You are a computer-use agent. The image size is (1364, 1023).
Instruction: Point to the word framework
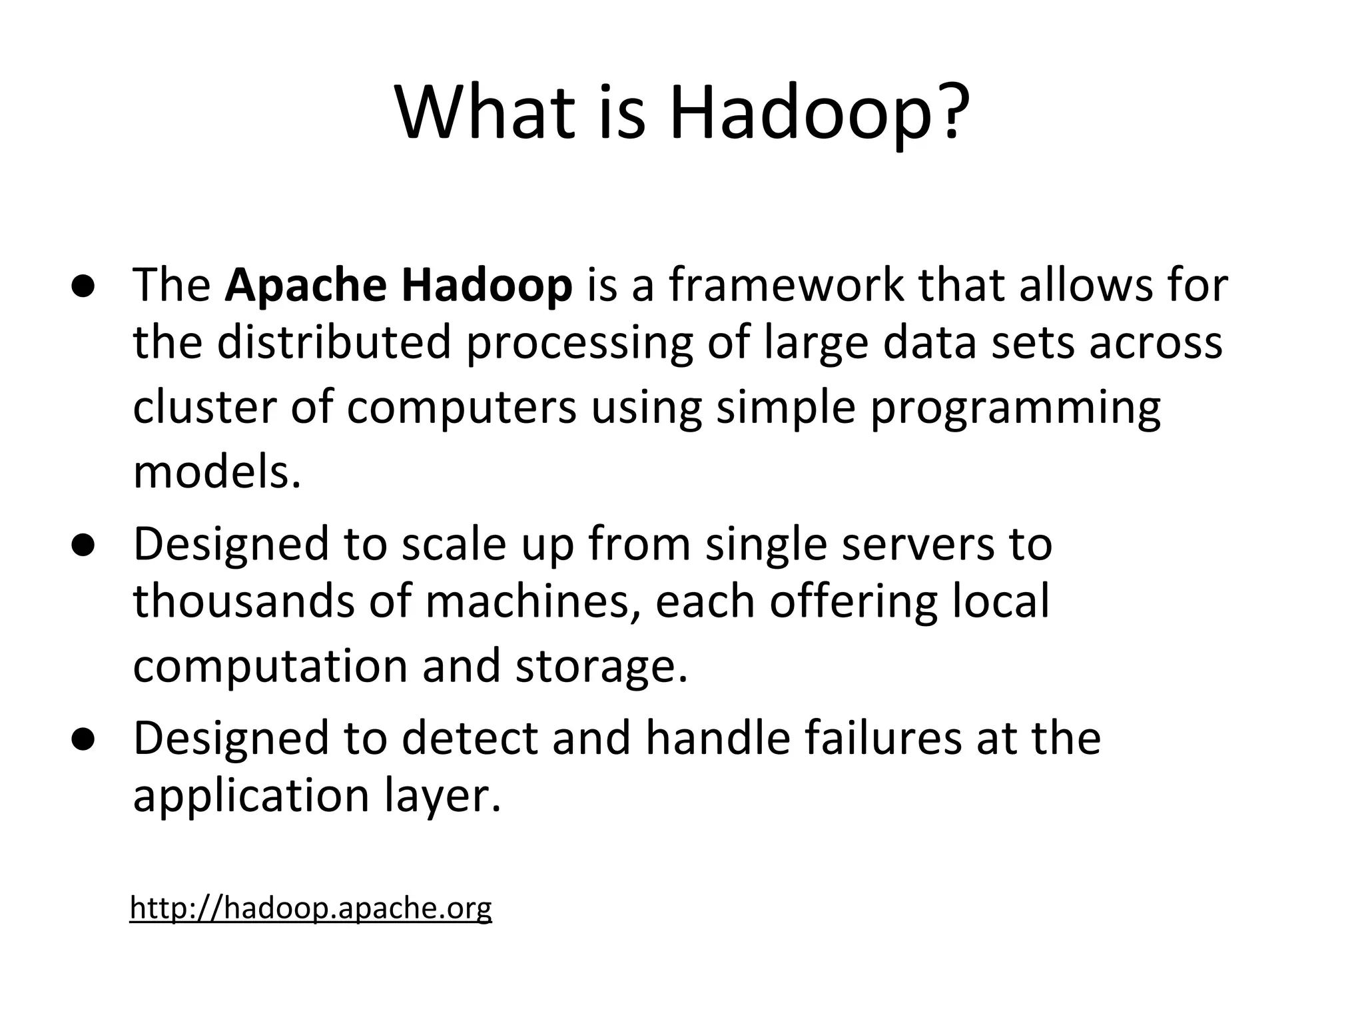click(x=786, y=285)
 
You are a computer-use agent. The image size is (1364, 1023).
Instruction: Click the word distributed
click(x=334, y=342)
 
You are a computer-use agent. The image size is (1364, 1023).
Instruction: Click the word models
click(x=217, y=471)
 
